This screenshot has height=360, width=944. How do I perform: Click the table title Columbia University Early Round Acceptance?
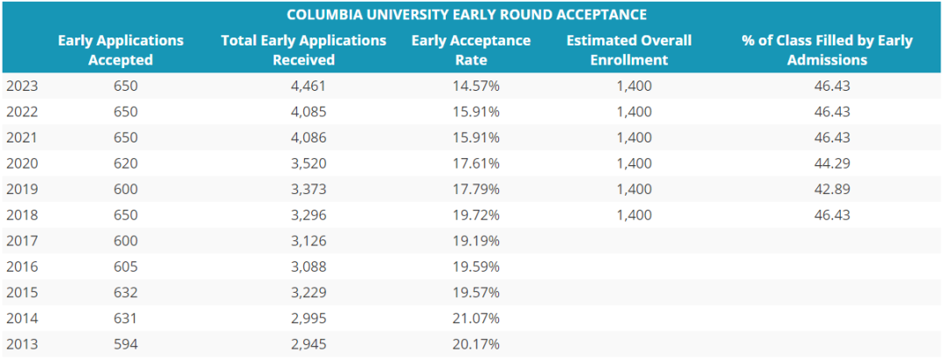coord(467,15)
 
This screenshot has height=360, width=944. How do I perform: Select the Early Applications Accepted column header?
coord(121,50)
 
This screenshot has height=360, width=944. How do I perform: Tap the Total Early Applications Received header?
coord(303,50)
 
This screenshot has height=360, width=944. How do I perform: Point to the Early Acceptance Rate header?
coord(471,50)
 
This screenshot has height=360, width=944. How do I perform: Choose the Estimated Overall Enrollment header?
coord(628,50)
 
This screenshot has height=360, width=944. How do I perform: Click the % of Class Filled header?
coord(827,50)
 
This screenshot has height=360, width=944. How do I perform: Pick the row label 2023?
coord(22,87)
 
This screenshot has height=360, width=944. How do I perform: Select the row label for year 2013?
coord(22,343)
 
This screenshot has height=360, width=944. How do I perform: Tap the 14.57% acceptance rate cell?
coord(476,87)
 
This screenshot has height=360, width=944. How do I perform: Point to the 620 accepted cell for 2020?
coord(126,163)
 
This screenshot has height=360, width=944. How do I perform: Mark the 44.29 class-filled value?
coord(832,163)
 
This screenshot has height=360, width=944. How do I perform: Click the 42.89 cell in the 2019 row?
coord(832,189)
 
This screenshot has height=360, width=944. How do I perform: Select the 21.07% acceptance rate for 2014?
coord(476,318)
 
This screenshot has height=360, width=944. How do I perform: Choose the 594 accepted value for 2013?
coord(126,343)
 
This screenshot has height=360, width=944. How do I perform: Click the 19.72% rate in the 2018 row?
coord(476,215)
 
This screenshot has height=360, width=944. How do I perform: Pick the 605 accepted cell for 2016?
coord(126,267)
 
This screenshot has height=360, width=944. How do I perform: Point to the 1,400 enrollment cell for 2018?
coord(634,215)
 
